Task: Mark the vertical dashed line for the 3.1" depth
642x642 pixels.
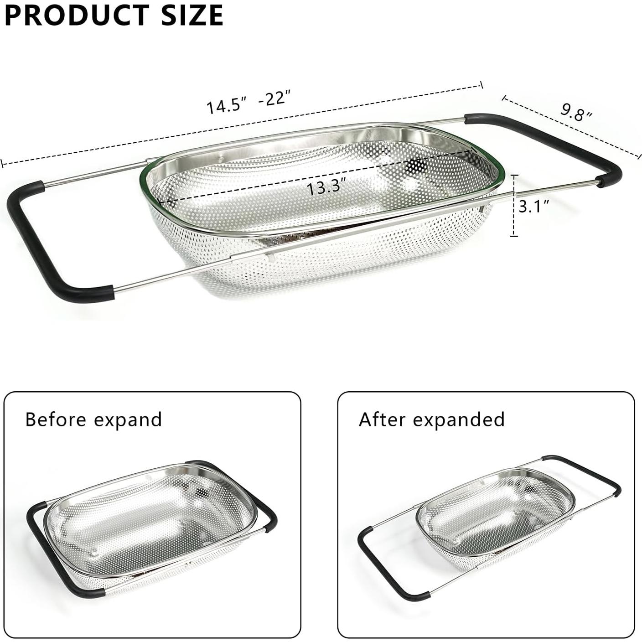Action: coord(514,205)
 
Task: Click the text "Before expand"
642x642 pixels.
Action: coord(93,419)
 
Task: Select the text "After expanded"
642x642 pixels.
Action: coord(431,419)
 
